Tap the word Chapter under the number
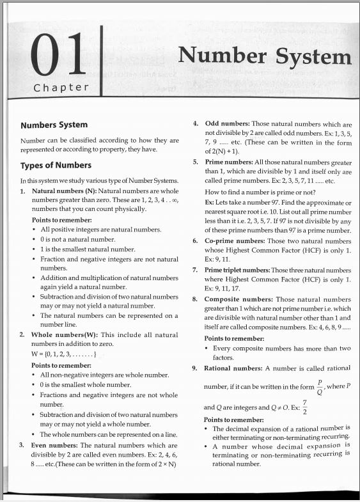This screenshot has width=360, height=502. (x=61, y=88)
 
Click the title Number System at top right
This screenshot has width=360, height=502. (x=265, y=56)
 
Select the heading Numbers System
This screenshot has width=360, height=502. (x=54, y=125)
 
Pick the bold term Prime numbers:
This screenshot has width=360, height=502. (x=233, y=162)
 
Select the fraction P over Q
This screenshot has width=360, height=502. (x=320, y=388)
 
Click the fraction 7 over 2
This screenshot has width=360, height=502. (x=304, y=407)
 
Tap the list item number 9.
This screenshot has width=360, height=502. (x=195, y=368)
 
